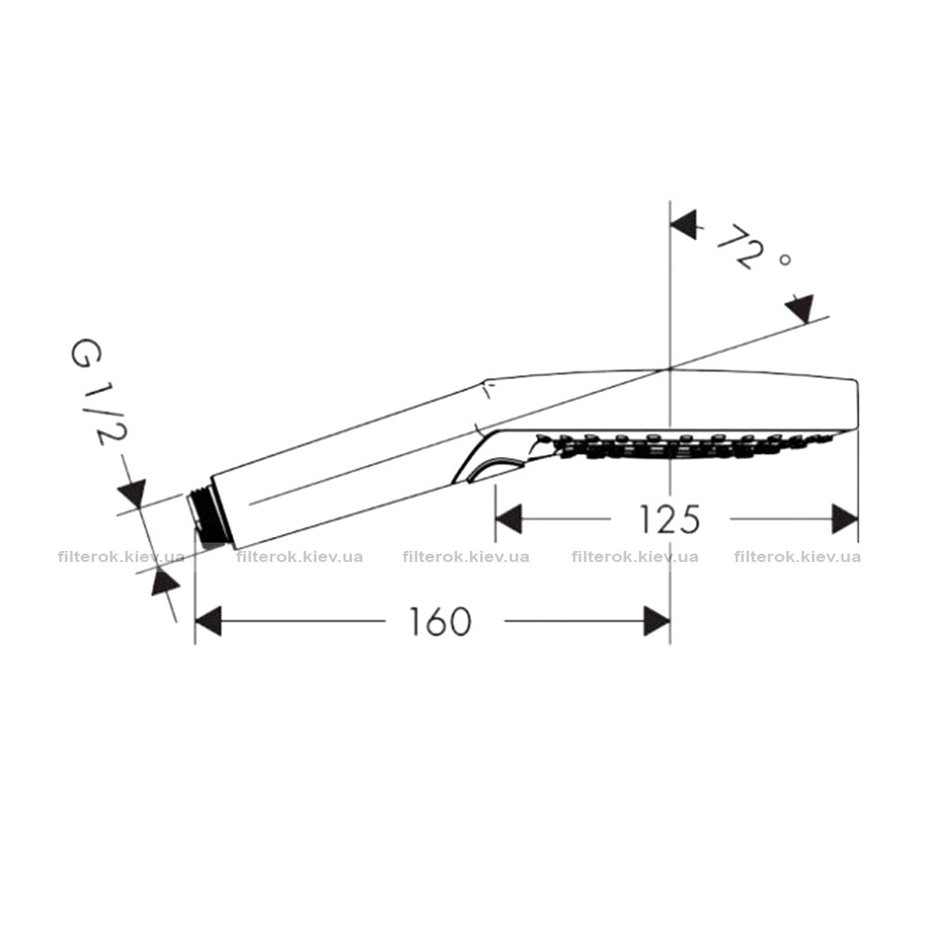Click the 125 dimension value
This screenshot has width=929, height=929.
pyautogui.click(x=670, y=519)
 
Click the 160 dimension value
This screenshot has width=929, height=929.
pyautogui.click(x=440, y=621)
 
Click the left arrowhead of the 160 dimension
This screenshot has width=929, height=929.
pyautogui.click(x=207, y=621)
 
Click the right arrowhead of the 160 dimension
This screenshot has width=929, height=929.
pyautogui.click(x=657, y=621)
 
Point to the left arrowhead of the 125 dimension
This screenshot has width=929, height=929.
pyautogui.click(x=508, y=519)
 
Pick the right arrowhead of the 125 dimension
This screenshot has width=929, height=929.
pyautogui.click(x=844, y=519)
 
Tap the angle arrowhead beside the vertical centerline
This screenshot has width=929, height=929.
pyautogui.click(x=683, y=224)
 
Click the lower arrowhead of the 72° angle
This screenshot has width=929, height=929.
pyautogui.click(x=799, y=308)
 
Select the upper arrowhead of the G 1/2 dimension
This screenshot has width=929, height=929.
pyautogui.click(x=132, y=493)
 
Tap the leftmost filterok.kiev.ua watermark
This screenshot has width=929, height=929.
pyautogui.click(x=122, y=556)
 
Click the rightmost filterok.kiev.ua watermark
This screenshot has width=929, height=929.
pyautogui.click(x=797, y=556)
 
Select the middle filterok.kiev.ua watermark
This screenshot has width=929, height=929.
pyautogui.click(x=465, y=556)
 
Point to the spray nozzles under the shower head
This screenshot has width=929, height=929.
pyautogui.click(x=681, y=447)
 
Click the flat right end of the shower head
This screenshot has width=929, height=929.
pyautogui.click(x=857, y=406)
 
